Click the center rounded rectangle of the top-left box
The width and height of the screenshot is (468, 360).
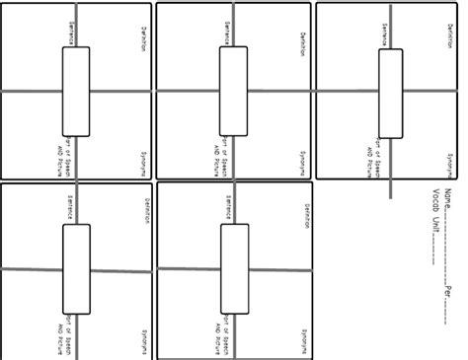point(76,91)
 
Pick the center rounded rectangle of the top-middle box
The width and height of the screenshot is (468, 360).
point(234,91)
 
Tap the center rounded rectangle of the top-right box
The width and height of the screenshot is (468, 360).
point(390,91)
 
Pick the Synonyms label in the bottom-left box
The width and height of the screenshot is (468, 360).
point(145,341)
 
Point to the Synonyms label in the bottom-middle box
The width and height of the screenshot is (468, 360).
point(302,341)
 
